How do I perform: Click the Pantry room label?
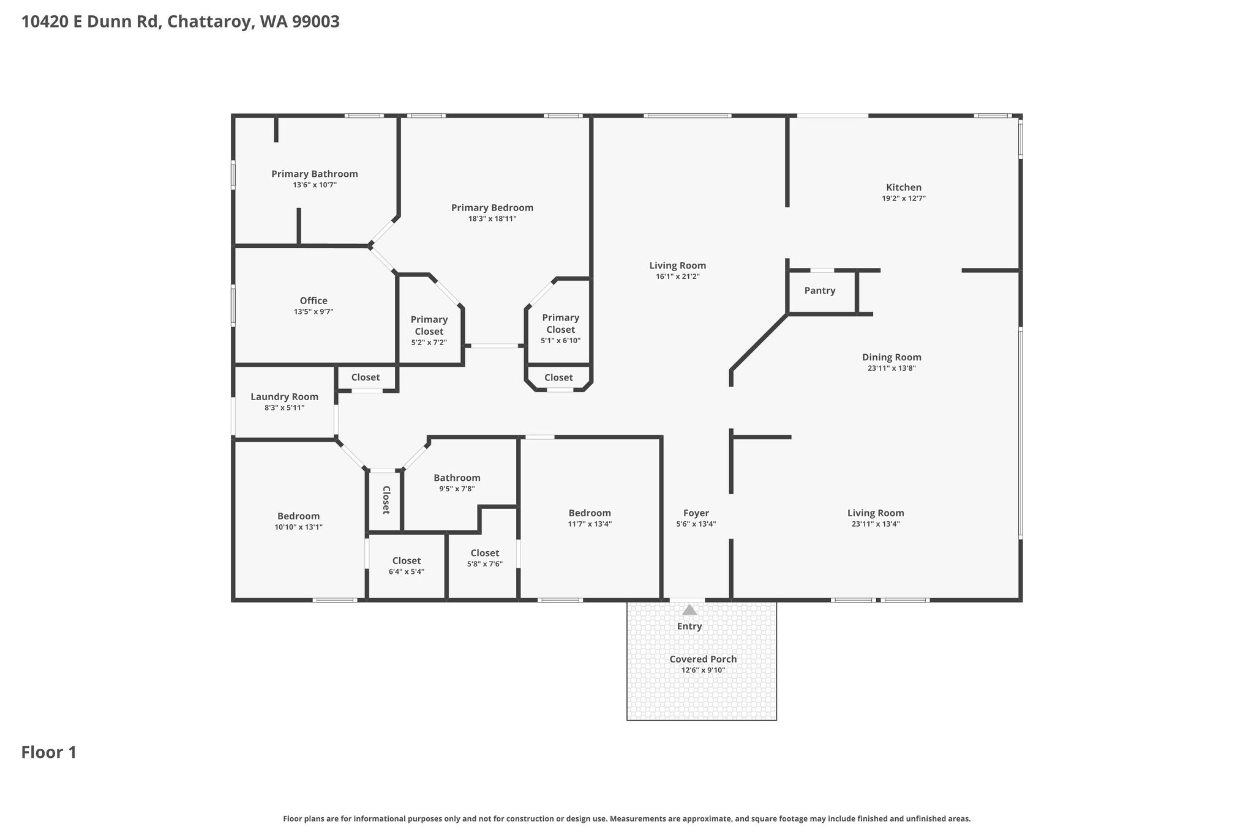click(x=819, y=291)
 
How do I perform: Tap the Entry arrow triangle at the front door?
click(x=689, y=610)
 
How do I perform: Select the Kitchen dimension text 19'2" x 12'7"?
click(x=904, y=199)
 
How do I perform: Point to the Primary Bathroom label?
click(x=315, y=174)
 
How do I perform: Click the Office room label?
click(x=313, y=301)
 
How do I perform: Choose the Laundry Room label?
click(x=284, y=397)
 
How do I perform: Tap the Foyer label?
click(x=696, y=513)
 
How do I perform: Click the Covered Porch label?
click(x=703, y=659)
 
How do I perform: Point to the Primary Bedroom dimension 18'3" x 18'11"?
click(x=492, y=219)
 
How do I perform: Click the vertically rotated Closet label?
click(x=386, y=500)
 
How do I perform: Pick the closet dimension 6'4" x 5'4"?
click(x=407, y=572)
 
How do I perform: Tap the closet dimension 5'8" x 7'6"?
click(x=485, y=564)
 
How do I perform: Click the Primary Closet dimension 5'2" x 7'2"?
click(x=429, y=343)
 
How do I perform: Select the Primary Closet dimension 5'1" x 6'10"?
click(x=560, y=341)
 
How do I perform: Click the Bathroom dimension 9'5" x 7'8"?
click(x=457, y=489)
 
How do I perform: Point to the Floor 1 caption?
click(x=49, y=752)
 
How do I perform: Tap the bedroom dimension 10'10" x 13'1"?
click(x=298, y=527)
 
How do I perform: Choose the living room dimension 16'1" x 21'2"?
click(x=678, y=276)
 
